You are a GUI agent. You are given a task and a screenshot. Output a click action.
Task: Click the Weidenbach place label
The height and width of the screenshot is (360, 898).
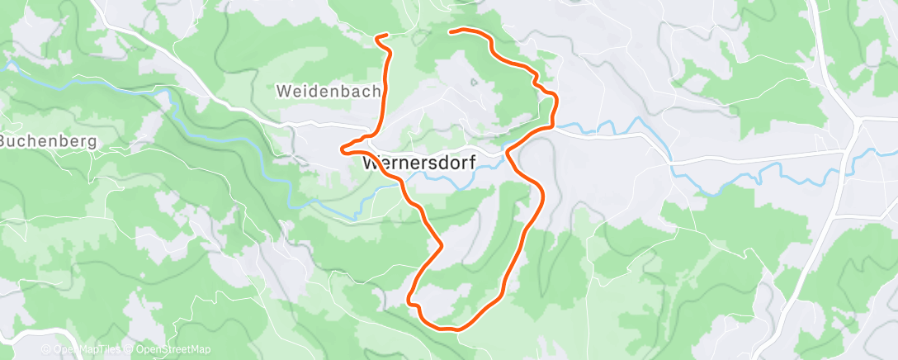328,90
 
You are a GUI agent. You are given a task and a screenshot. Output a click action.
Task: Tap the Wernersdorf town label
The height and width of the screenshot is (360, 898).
418,163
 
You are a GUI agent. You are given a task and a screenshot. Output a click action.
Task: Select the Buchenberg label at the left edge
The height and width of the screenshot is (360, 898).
48,140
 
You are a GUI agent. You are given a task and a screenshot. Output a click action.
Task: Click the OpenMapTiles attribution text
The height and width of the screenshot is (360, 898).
86,350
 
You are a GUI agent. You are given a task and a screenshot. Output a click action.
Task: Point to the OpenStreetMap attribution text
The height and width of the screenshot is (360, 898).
173,350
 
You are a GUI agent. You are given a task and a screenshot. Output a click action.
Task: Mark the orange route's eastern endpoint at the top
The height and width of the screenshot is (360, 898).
450,31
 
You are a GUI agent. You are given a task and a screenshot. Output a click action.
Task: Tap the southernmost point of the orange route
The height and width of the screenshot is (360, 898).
452,329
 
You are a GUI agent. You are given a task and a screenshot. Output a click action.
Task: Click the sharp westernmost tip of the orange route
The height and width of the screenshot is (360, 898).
341,149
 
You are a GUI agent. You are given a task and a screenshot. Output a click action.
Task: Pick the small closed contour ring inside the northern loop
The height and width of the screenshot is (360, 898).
474,83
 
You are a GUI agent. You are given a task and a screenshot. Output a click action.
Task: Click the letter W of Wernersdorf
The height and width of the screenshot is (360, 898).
370,163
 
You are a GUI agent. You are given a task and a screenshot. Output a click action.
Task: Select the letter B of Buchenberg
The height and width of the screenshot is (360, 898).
4,140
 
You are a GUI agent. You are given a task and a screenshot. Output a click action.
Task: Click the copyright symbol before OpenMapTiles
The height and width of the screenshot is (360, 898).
46,350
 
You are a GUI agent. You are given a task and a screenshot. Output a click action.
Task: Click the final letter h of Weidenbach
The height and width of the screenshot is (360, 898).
375,90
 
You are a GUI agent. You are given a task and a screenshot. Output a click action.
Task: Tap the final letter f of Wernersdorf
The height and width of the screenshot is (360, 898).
472,163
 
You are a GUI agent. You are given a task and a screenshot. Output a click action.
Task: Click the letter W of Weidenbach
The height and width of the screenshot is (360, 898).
283,90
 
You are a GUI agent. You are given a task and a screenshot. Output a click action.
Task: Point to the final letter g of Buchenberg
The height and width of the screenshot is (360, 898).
92,141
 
